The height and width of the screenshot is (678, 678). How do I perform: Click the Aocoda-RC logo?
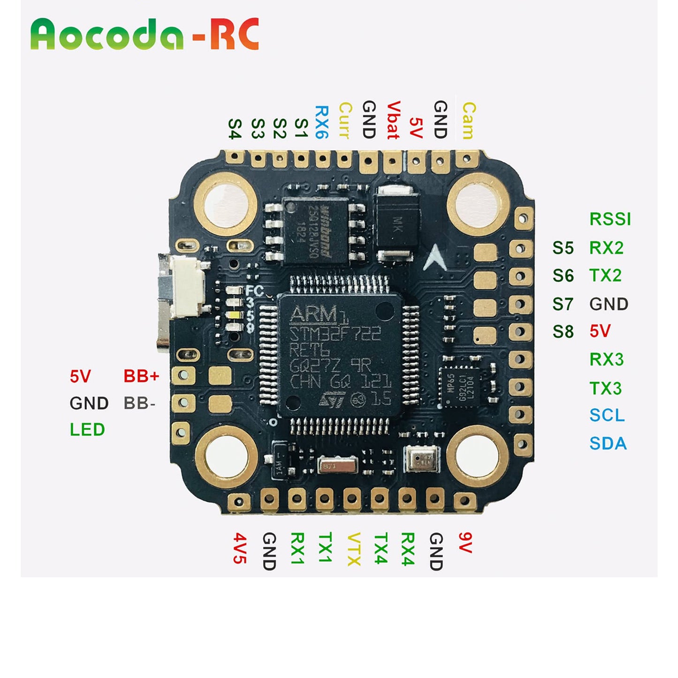(145, 34)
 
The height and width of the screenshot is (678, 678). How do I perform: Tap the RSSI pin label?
(610, 219)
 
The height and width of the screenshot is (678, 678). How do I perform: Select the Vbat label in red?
(393, 120)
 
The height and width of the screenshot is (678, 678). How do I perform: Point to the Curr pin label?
(345, 121)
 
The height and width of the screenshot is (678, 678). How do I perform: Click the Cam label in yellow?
(468, 121)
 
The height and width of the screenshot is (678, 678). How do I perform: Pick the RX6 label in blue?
(321, 122)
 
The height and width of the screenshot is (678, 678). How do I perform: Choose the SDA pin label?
(608, 443)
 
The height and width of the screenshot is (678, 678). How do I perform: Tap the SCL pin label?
(607, 416)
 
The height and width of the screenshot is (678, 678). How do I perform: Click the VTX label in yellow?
(353, 549)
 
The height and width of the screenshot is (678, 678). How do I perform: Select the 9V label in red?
(465, 543)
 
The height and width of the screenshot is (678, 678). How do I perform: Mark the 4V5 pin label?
(240, 548)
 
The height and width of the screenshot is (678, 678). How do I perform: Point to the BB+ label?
(141, 376)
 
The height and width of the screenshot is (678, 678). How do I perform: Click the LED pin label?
(87, 430)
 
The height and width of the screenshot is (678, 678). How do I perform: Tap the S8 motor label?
(563, 332)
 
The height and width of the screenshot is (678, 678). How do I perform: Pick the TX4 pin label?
(381, 548)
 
